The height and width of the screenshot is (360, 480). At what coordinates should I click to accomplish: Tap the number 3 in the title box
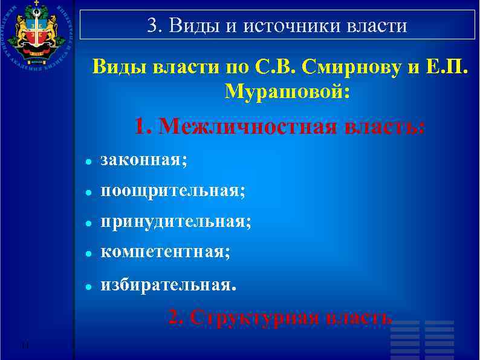pos(152,26)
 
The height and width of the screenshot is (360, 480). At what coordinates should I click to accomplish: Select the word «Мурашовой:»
pos(287,91)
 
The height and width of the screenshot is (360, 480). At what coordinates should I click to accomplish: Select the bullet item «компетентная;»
pos(165,252)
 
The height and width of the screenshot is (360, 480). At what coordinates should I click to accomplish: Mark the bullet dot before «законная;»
pos(88,162)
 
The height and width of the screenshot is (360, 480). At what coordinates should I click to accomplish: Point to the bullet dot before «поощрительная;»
pos(88,193)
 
